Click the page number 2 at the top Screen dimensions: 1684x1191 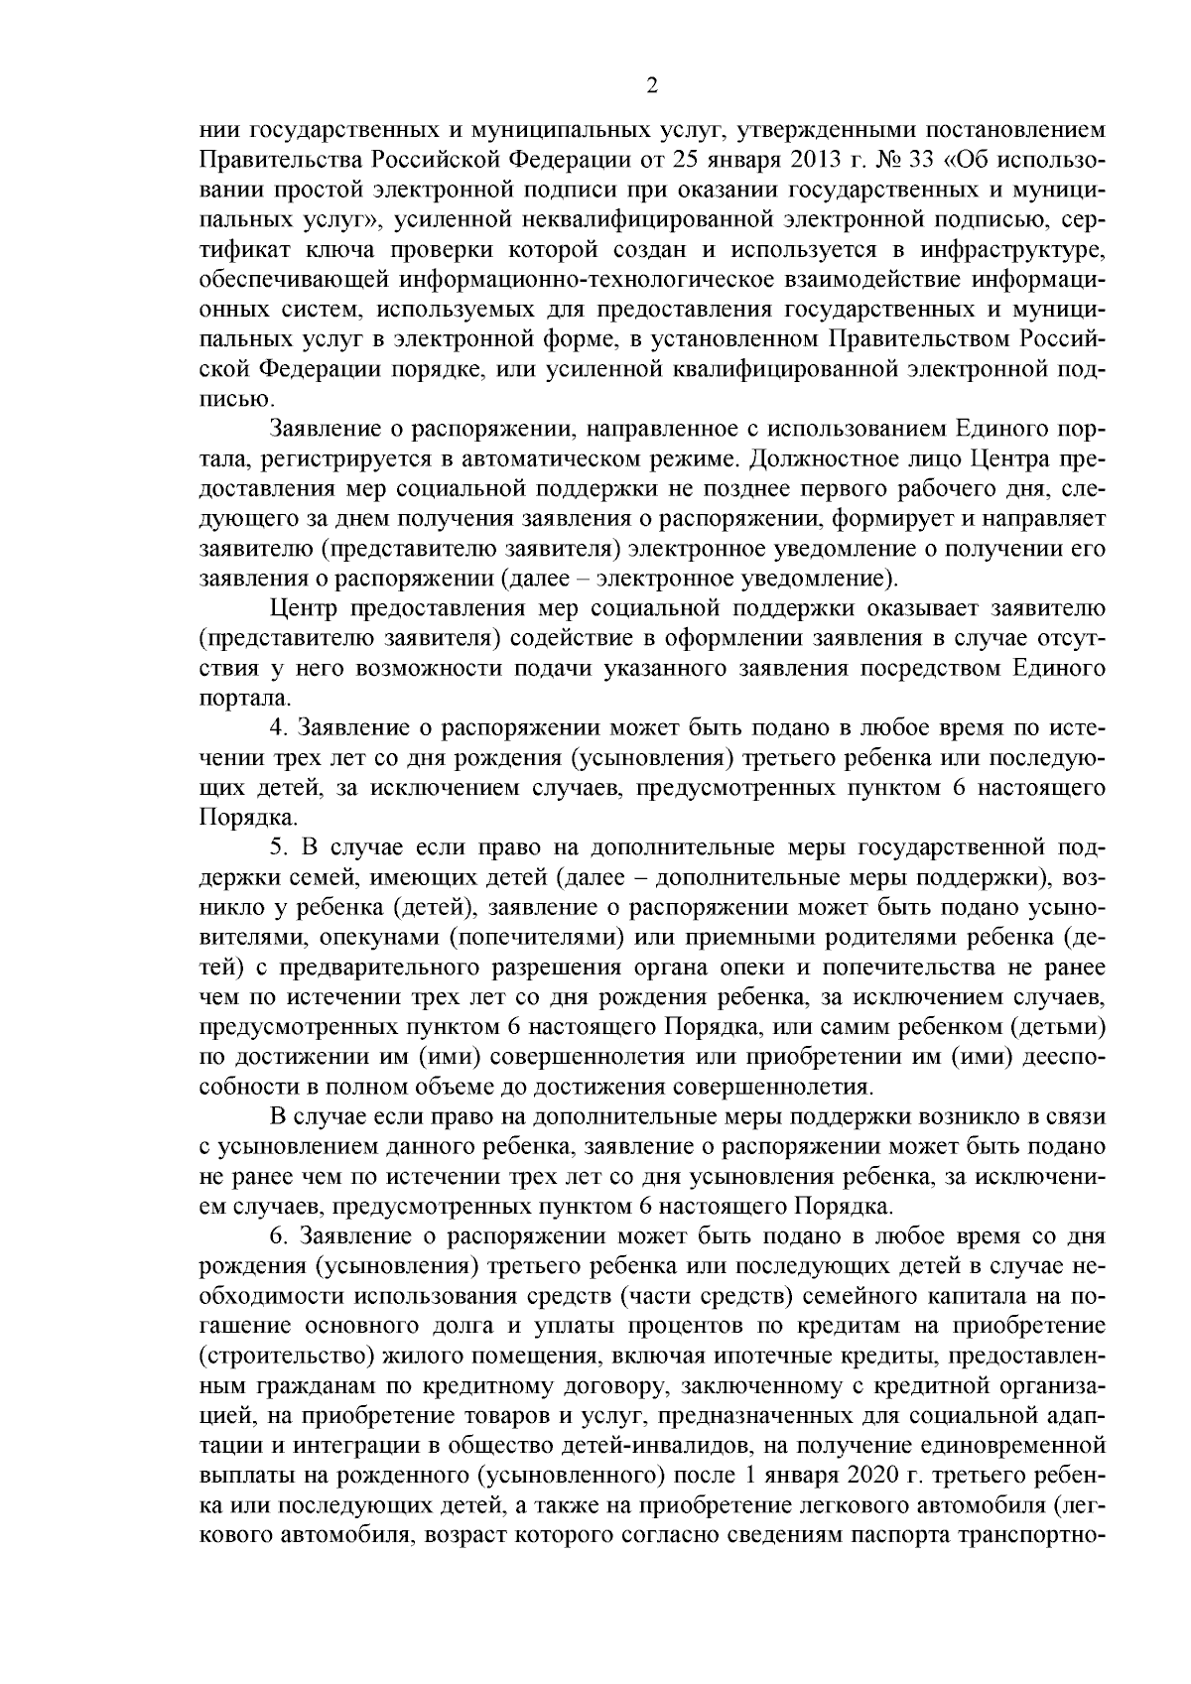652,86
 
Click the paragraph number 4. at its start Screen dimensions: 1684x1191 279,727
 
